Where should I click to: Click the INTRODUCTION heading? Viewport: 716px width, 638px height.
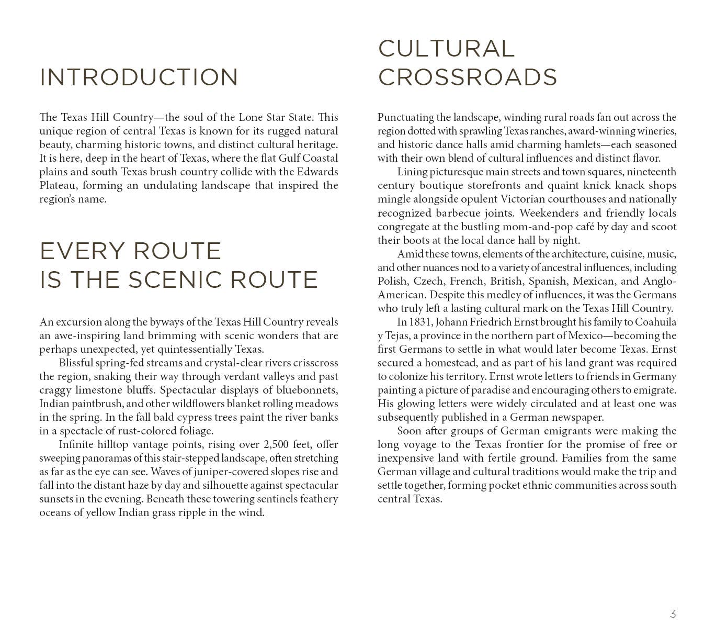pos(139,77)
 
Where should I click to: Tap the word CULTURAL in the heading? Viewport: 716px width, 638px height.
pos(446,49)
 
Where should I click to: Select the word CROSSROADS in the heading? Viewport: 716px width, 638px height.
pos(467,77)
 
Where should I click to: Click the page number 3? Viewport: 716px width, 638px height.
pos(673,613)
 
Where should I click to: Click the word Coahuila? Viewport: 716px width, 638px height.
pos(655,322)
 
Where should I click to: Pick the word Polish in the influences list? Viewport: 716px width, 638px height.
pos(392,281)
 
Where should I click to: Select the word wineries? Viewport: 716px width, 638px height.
pos(654,131)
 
